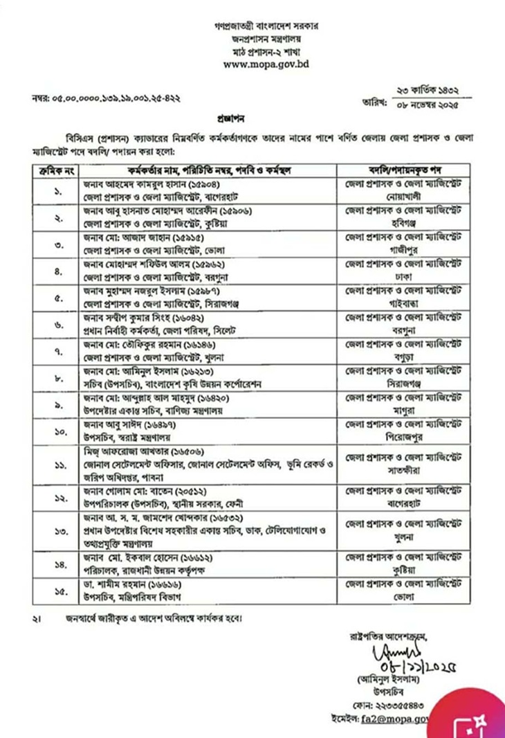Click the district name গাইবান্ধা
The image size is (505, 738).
(x=406, y=296)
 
